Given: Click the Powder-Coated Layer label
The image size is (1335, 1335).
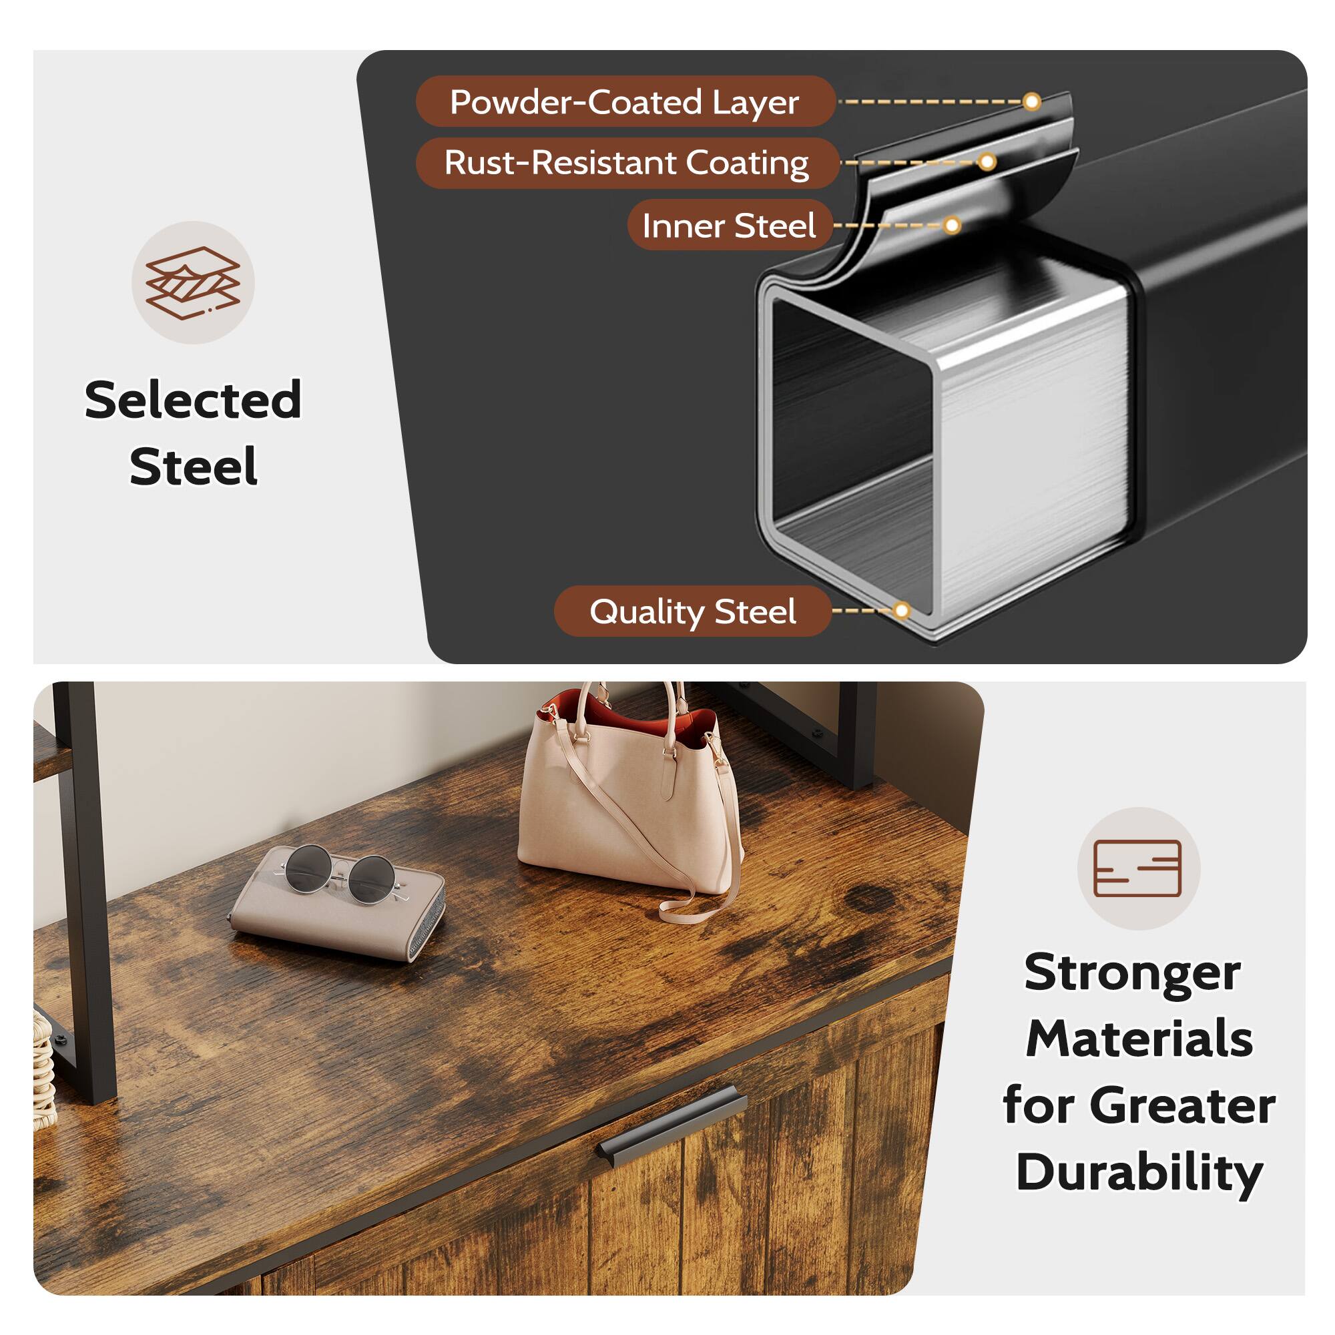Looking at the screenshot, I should tap(625, 101).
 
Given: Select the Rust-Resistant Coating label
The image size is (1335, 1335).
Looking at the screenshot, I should tap(626, 163).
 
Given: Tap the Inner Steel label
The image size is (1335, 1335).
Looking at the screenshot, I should tap(729, 225).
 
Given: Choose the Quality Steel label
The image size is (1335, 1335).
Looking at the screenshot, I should tap(692, 611).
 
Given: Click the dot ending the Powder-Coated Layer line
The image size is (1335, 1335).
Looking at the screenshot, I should tap(1031, 102).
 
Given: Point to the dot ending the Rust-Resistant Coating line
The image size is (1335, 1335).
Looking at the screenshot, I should tap(987, 162).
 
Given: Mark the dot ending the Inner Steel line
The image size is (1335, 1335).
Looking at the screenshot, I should tap(953, 225).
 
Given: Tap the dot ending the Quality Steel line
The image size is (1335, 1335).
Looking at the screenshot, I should tap(901, 610).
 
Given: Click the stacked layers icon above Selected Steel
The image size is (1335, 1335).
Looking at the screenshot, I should tap(193, 282).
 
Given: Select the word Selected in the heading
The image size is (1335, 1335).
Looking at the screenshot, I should tap(193, 400).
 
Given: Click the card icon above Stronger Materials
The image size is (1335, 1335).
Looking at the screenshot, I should tap(1138, 868).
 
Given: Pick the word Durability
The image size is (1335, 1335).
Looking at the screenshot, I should tap(1139, 1172).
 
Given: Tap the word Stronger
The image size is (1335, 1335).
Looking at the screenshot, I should tap(1133, 973).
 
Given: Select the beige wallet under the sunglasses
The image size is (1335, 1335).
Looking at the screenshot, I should tap(338, 912).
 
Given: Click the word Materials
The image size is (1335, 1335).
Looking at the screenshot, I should tap(1139, 1039).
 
